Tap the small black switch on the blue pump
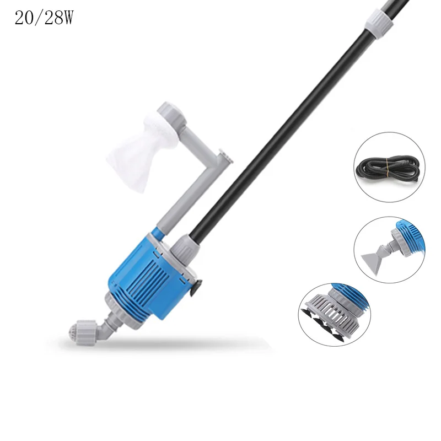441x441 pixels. [x=196, y=286]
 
